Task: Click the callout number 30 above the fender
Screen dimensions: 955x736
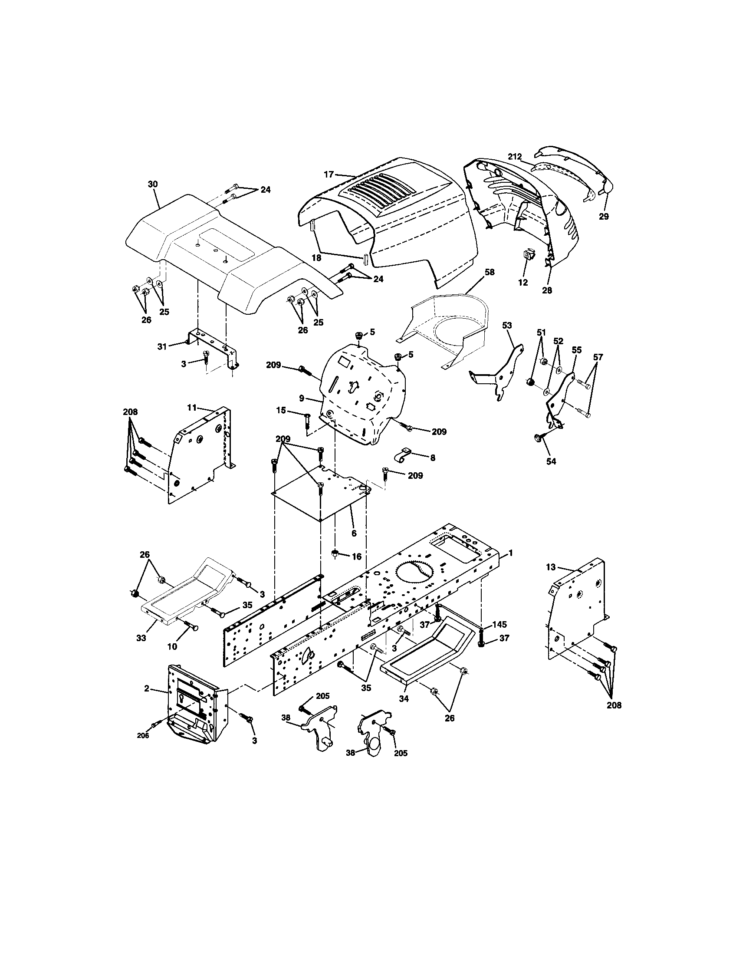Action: [152, 184]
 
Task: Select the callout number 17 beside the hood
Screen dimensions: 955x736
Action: [329, 174]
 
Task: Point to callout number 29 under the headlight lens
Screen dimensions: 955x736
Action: [604, 216]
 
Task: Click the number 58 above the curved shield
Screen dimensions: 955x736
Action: [490, 272]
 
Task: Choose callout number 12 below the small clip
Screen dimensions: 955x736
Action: [523, 283]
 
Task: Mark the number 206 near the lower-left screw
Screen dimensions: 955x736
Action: [143, 735]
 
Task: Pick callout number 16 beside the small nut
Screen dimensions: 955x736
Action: [357, 556]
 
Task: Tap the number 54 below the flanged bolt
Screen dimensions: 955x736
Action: [551, 461]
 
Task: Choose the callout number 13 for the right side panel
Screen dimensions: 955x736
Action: [550, 567]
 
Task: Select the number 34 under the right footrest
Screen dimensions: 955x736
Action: [404, 699]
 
